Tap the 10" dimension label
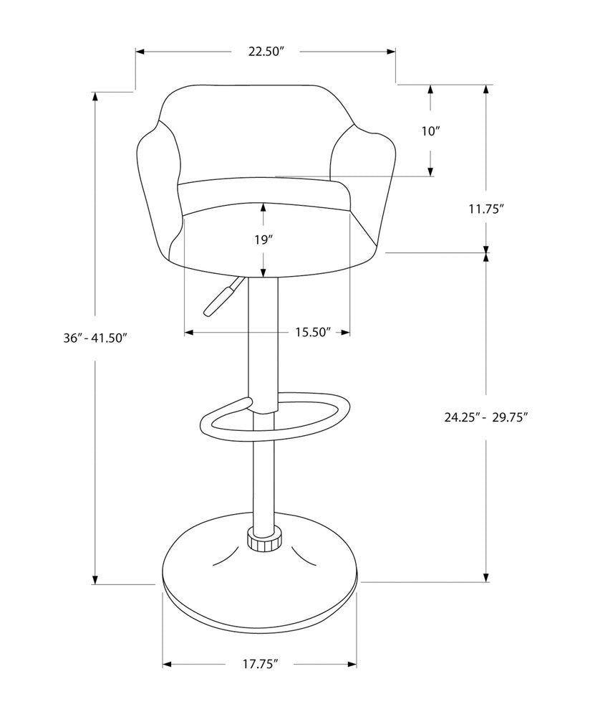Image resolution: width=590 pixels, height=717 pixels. (430, 131)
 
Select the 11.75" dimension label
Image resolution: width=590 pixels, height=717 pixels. (487, 209)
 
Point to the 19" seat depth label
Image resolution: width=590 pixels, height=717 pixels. (263, 239)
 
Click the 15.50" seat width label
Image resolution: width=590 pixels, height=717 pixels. (313, 332)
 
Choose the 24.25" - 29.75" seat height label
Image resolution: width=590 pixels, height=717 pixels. (486, 418)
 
